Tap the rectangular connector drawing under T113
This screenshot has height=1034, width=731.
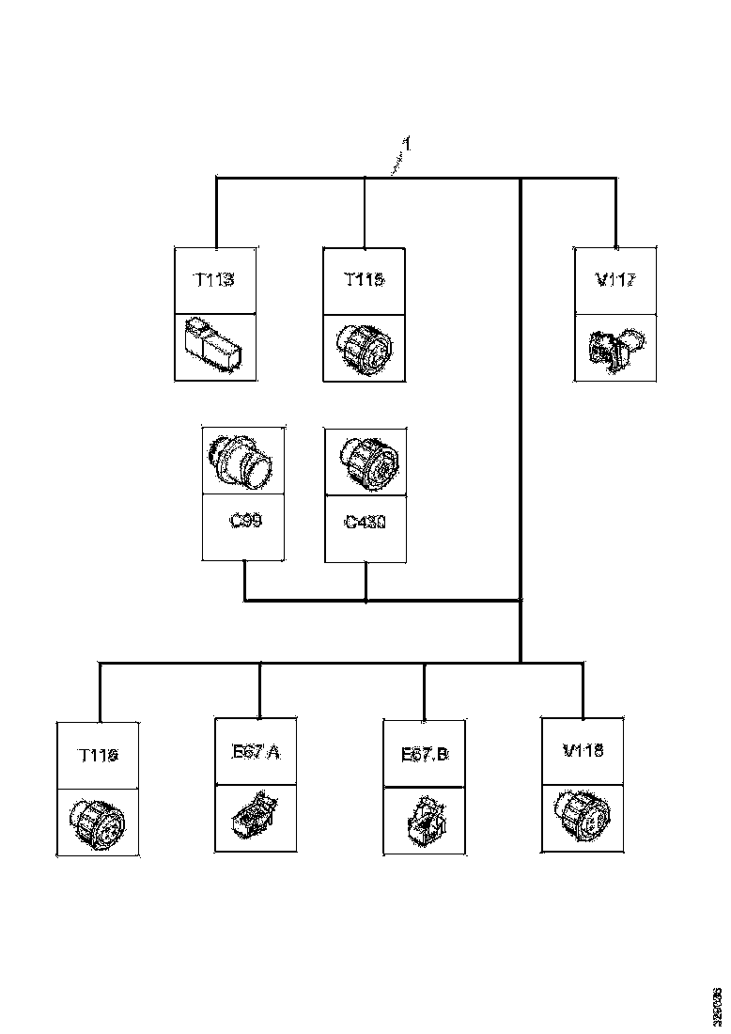[x=215, y=347]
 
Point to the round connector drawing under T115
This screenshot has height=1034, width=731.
[x=364, y=347]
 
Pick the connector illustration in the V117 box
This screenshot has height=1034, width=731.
[x=615, y=347]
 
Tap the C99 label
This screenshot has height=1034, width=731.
[x=244, y=519]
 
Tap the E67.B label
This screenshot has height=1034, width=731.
[x=425, y=753]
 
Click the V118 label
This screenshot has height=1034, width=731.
[x=583, y=751]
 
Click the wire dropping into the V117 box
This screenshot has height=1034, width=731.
[x=615, y=211]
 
